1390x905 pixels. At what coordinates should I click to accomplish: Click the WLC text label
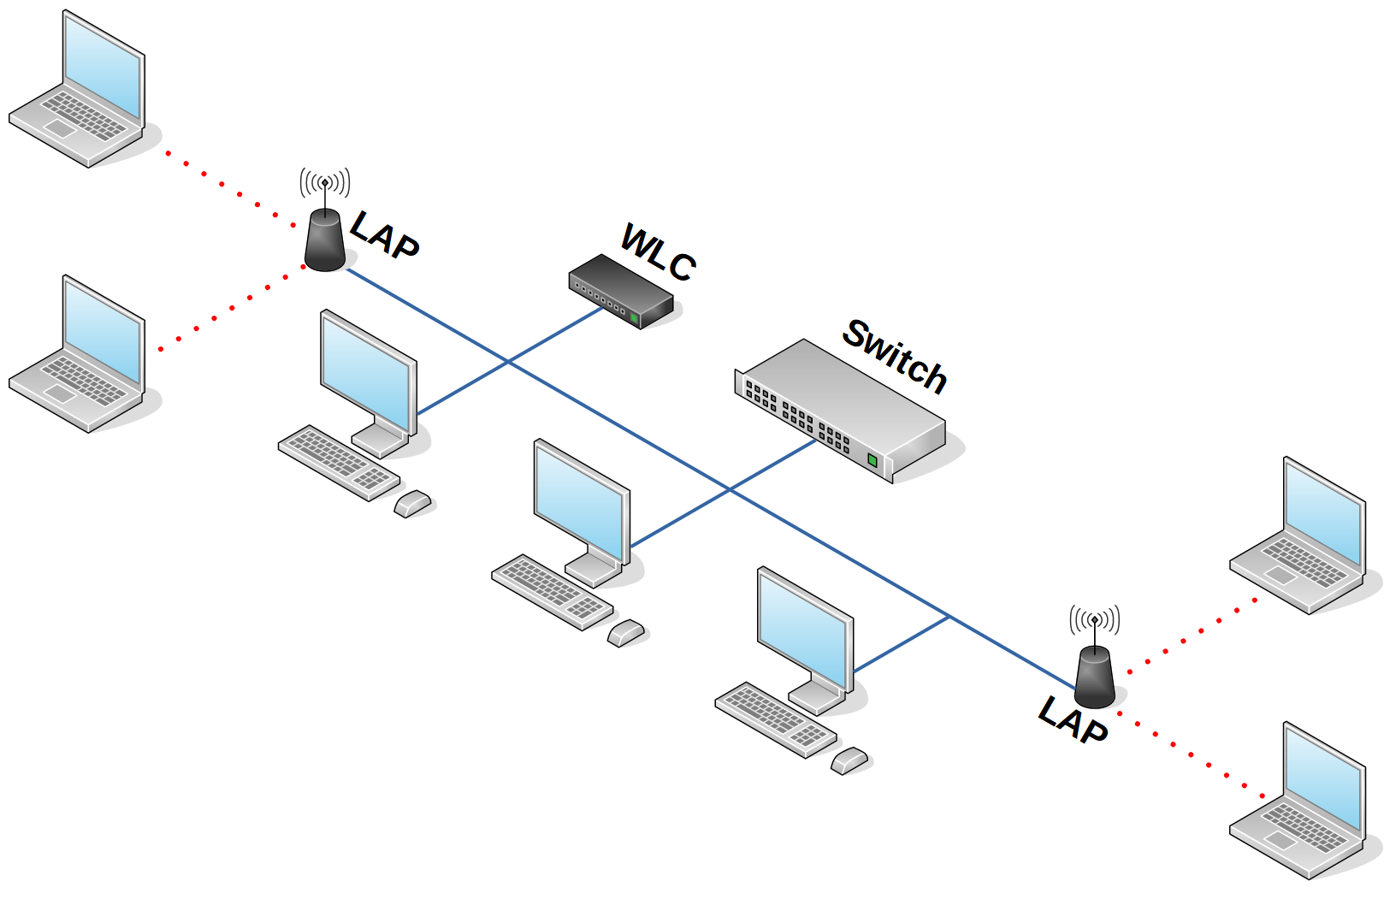(657, 252)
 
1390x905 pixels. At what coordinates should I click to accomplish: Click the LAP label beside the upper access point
(385, 234)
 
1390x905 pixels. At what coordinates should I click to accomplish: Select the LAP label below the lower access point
(1074, 719)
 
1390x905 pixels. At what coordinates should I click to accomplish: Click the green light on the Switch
(872, 460)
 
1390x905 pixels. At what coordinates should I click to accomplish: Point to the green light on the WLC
(634, 318)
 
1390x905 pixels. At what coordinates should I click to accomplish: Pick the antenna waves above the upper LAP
(325, 181)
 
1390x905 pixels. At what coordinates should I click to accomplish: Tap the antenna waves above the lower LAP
(1095, 619)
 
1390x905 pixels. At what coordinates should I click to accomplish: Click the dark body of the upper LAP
(325, 241)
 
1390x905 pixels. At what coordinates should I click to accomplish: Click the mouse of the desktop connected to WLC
(413, 504)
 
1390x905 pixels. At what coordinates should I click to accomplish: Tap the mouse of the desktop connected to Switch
(626, 633)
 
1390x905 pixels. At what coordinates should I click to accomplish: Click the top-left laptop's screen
(104, 68)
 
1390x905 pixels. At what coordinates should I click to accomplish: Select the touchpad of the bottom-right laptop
(1280, 840)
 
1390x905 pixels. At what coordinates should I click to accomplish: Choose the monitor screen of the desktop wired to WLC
(366, 373)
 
